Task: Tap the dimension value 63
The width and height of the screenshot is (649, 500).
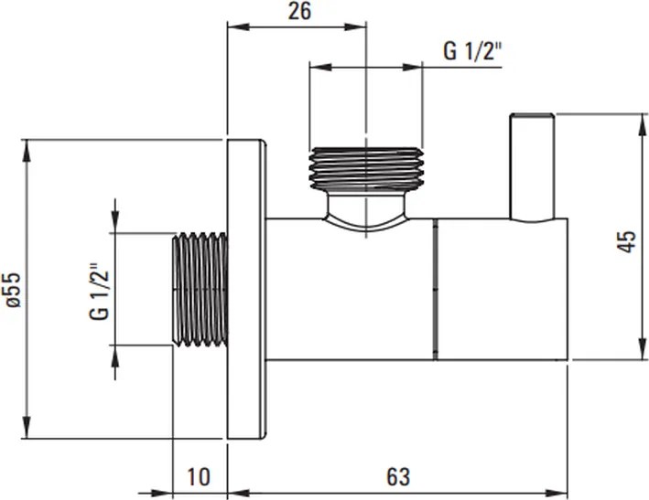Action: pyautogui.click(x=397, y=476)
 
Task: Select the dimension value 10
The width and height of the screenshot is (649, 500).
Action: pyautogui.click(x=199, y=476)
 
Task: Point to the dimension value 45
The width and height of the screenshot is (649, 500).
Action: pyautogui.click(x=627, y=242)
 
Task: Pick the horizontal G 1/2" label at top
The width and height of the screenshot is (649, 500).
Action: pyautogui.click(x=473, y=51)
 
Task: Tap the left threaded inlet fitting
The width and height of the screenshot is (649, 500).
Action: pyautogui.click(x=200, y=290)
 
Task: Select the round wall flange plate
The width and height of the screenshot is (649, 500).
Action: pyautogui.click(x=245, y=290)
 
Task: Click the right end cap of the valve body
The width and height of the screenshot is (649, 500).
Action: pyautogui.click(x=502, y=290)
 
